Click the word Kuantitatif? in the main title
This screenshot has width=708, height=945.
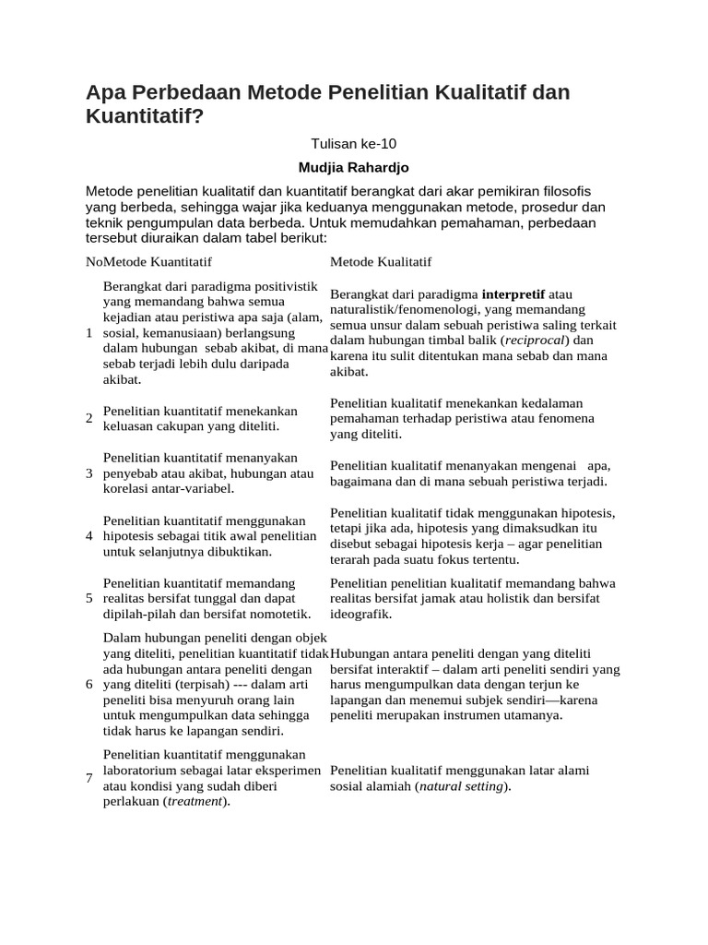tap(143, 117)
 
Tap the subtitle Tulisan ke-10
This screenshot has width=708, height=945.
tap(353, 143)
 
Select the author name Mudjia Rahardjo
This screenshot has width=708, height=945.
tap(353, 167)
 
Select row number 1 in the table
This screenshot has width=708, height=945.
tap(88, 332)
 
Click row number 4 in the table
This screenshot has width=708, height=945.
tap(88, 535)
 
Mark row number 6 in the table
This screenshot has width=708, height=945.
tap(88, 684)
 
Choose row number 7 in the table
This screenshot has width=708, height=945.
tap(88, 778)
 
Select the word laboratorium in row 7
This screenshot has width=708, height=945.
tap(141, 770)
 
